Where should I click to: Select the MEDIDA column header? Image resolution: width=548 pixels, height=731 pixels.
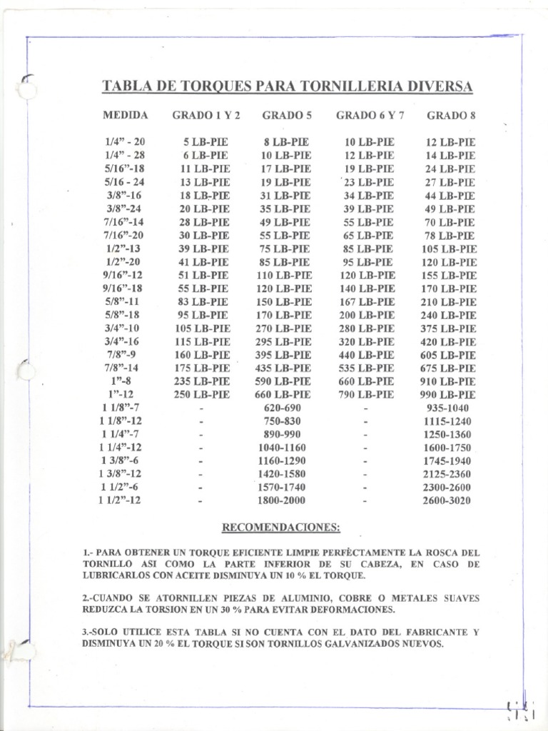pos(126,115)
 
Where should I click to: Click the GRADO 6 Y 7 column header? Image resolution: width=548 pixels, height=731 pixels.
pos(369,115)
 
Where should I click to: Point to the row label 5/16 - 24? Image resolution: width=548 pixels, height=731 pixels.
pos(123,182)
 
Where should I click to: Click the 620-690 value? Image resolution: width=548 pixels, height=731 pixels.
pos(283,408)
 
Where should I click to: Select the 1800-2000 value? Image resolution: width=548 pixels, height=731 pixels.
pos(283,500)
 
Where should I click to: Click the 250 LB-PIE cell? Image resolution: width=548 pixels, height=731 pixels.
pos(203,394)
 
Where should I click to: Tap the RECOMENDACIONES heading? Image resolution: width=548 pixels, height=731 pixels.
pos(281,528)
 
